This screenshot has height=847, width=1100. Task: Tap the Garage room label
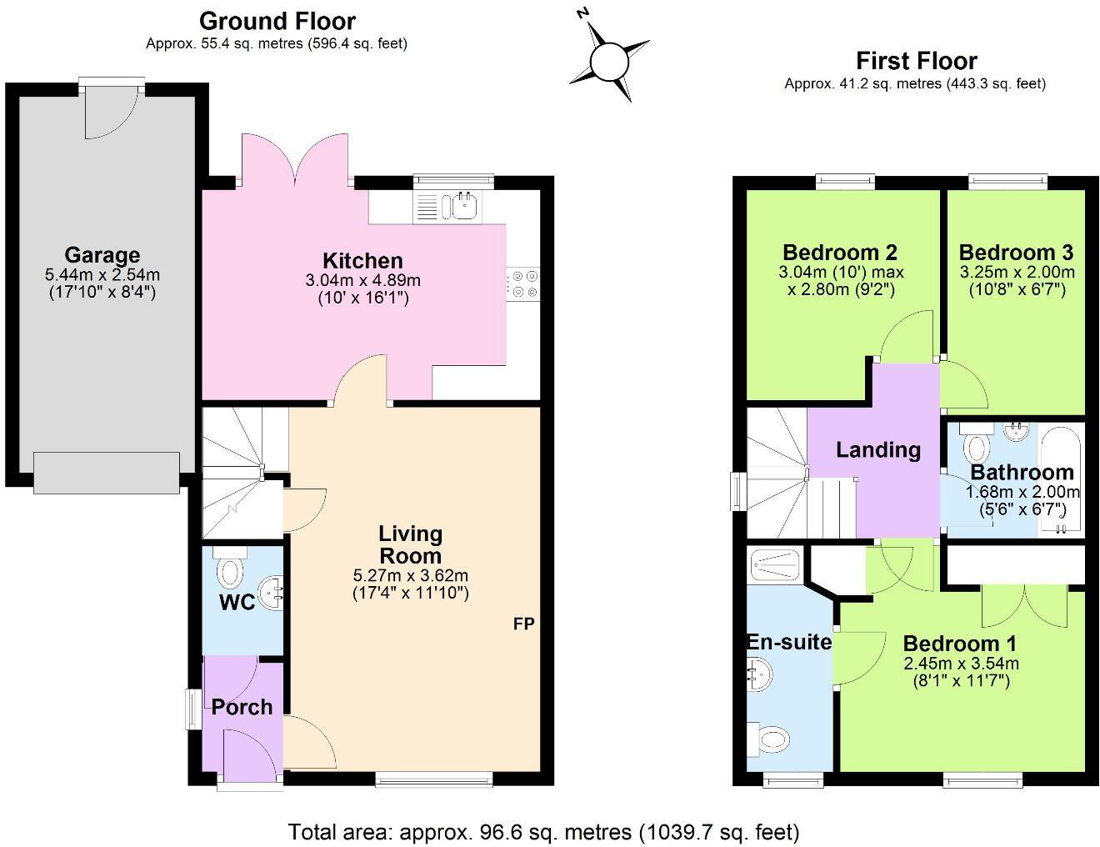click(x=102, y=255)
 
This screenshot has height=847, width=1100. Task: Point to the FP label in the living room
click(x=523, y=624)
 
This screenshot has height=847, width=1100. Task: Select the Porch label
click(x=242, y=707)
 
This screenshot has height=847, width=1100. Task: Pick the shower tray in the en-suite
click(x=775, y=564)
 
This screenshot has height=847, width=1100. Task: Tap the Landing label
click(x=877, y=450)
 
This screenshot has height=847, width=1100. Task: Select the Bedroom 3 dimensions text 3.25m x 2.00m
click(x=1015, y=273)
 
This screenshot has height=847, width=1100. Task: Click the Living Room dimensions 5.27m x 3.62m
click(x=411, y=575)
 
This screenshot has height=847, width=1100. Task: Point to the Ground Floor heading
click(x=277, y=21)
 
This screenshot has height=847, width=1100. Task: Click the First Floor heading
click(x=916, y=60)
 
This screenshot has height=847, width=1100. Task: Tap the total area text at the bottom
click(x=543, y=831)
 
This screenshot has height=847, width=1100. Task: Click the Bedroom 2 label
click(x=839, y=252)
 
